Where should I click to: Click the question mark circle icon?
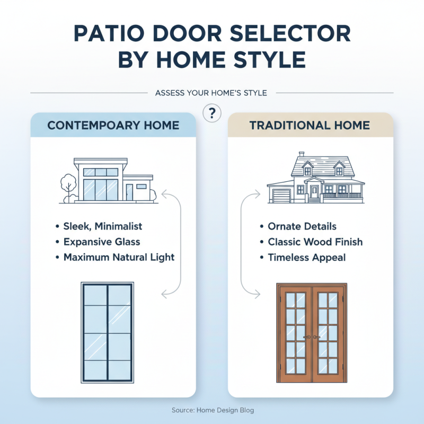(212, 113)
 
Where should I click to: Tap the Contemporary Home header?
(113, 126)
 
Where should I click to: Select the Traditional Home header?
(310, 126)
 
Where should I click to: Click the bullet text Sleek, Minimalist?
(103, 226)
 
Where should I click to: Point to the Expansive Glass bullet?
(102, 242)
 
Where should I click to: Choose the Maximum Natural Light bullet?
(119, 257)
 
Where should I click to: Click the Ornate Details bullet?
(302, 226)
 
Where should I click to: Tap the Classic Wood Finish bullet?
(315, 242)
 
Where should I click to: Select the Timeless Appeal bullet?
(307, 257)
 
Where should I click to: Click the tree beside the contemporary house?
(67, 186)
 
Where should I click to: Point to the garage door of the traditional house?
(279, 195)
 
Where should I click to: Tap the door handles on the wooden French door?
(312, 337)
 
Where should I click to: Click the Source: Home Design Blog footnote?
(213, 410)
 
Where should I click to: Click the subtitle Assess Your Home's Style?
(211, 93)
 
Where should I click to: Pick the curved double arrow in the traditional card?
(245, 244)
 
